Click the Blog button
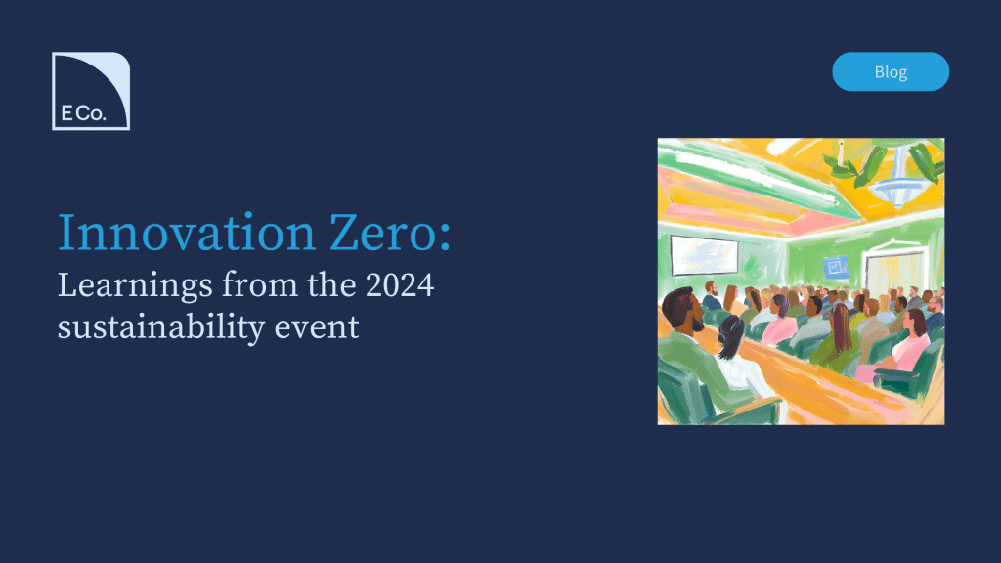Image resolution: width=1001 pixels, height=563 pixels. (x=891, y=71)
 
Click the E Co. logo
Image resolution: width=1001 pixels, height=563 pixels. (x=91, y=91)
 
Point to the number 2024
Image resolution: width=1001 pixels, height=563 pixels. (x=400, y=284)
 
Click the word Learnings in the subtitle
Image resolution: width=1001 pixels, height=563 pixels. (x=135, y=286)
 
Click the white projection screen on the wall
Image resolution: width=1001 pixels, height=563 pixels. (x=704, y=255)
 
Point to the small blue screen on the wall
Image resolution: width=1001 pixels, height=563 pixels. (x=835, y=267)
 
